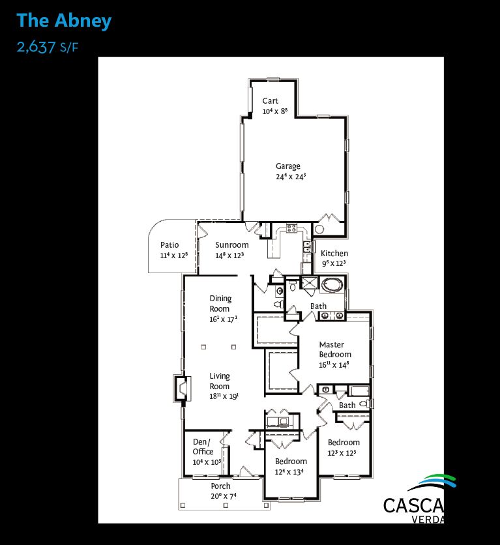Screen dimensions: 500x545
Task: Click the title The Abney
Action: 64,21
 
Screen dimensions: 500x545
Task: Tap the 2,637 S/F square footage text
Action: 48,47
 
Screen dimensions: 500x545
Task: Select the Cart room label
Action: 271,101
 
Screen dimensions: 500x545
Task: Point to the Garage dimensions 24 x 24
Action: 291,177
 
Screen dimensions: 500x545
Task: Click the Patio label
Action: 169,244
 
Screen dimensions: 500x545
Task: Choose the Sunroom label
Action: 232,244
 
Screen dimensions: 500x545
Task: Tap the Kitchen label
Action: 334,254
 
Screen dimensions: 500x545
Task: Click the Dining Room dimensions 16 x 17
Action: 224,319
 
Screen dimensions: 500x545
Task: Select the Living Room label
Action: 220,381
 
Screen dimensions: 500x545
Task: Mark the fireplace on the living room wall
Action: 182,389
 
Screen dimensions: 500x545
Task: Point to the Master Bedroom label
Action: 335,349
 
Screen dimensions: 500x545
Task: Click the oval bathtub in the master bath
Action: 332,285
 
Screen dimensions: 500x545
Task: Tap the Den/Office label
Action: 203,447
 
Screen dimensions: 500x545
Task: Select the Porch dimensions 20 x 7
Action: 224,496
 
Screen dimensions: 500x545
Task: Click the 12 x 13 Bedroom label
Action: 291,462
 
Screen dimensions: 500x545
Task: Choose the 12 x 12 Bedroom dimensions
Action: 342,453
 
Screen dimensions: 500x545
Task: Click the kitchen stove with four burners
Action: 291,228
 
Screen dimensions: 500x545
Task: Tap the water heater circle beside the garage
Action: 319,229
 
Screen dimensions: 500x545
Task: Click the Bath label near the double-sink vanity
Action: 318,306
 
